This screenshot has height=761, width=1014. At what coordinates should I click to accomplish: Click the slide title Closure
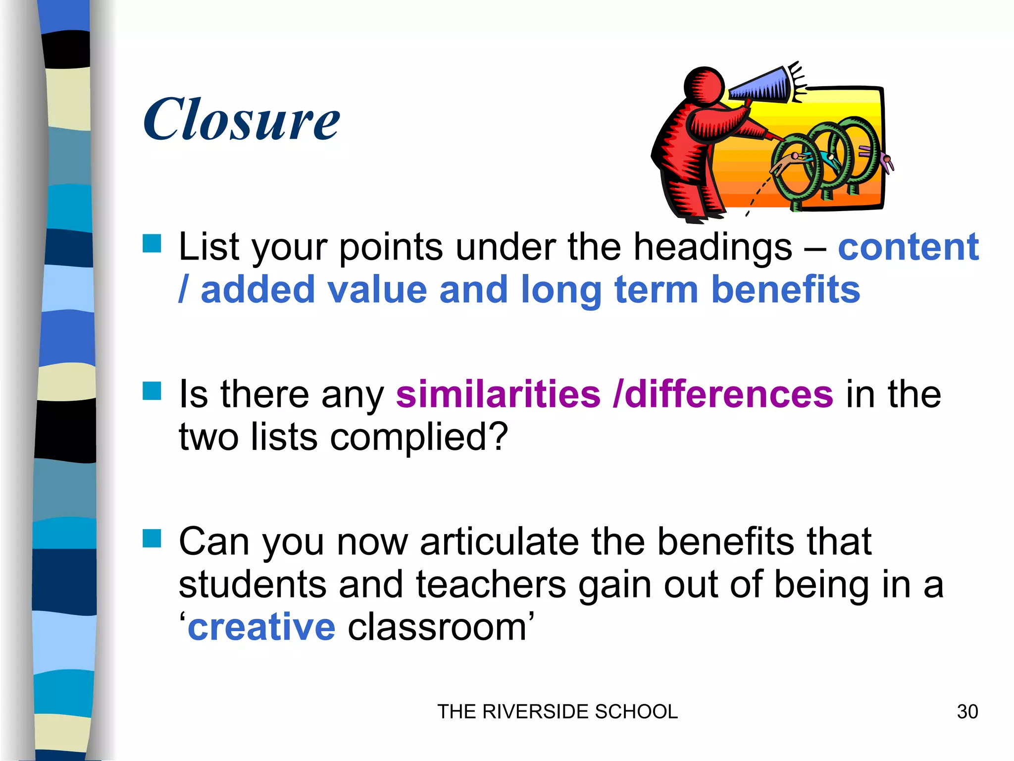(x=242, y=119)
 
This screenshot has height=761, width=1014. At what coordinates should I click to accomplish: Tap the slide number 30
(x=967, y=711)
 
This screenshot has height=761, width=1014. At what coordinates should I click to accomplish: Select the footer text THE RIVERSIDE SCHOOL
(x=557, y=711)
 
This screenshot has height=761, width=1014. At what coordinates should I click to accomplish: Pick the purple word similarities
(x=498, y=394)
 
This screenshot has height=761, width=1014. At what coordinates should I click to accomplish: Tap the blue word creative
(x=261, y=627)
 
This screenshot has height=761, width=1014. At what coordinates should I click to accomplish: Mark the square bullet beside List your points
(x=152, y=244)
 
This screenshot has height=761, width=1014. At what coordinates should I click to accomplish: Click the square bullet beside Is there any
(x=152, y=391)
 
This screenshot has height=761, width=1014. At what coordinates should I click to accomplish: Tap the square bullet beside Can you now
(x=152, y=539)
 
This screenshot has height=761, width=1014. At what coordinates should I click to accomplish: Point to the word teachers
(x=491, y=585)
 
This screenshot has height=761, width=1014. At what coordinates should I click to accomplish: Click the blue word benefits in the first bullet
(x=785, y=290)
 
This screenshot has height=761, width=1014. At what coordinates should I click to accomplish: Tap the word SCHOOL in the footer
(x=636, y=711)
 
